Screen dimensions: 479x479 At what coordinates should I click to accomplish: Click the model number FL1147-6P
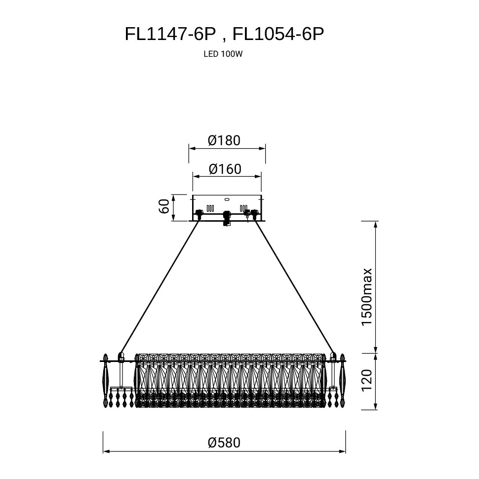coord(170,34)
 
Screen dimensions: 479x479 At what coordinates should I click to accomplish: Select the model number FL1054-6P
coord(278,34)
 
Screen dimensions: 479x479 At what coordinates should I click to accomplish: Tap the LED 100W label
coord(223,54)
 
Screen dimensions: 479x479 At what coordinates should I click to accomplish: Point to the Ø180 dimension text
coord(224,140)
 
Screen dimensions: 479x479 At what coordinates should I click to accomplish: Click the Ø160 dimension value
coord(225,169)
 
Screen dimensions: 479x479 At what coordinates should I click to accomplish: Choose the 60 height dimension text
coord(164,206)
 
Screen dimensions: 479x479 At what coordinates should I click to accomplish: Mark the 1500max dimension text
coord(366,297)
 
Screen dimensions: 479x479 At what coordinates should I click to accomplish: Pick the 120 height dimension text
coord(366,380)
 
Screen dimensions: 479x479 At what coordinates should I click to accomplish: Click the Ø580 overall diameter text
coord(224,442)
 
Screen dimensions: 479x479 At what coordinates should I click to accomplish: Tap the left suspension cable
coord(160,286)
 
